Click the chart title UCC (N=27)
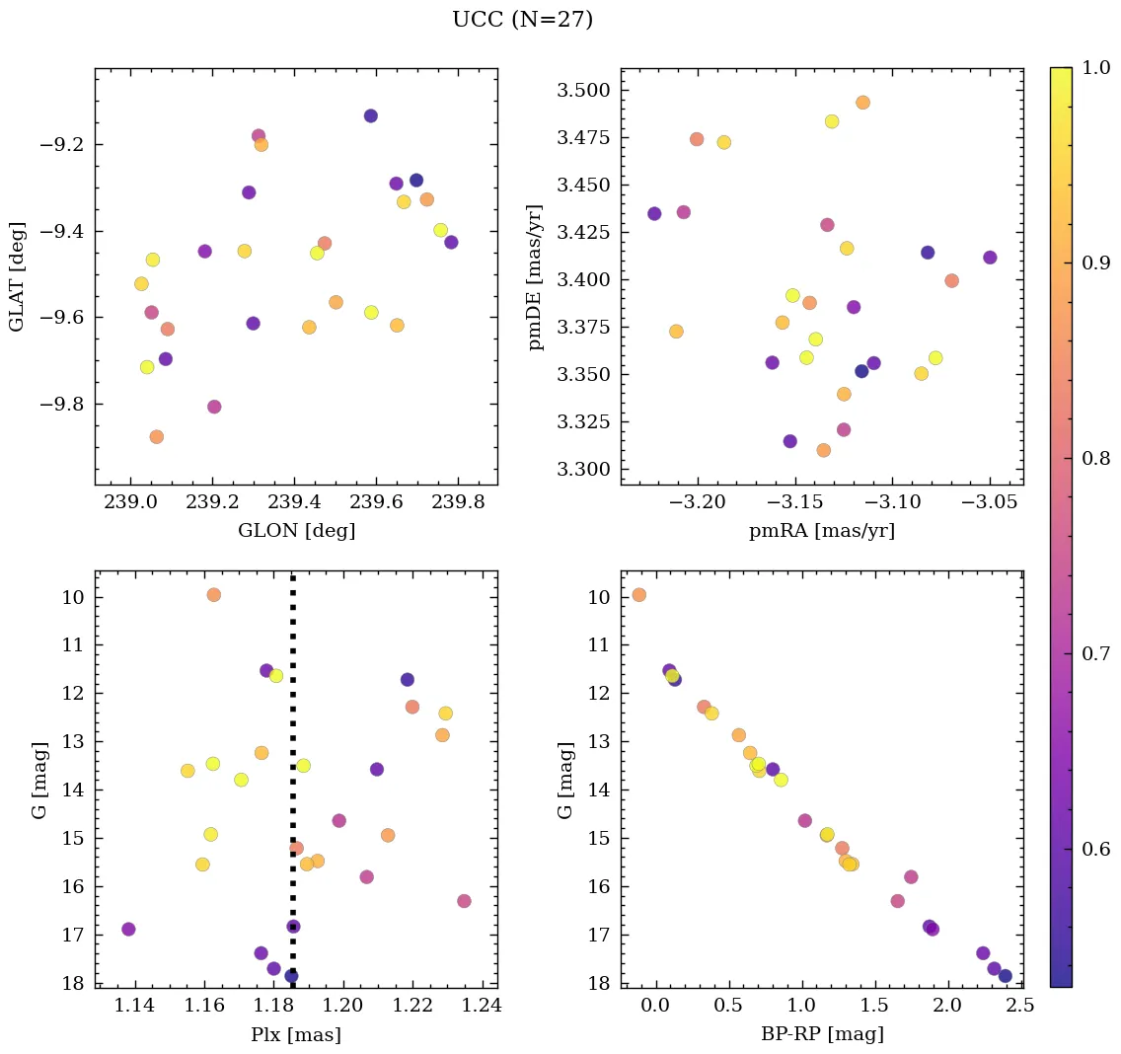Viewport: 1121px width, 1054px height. [x=522, y=20]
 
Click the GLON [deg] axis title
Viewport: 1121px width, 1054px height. [x=296, y=531]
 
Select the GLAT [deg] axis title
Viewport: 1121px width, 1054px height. [x=17, y=276]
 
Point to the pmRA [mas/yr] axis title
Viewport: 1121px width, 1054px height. [x=822, y=531]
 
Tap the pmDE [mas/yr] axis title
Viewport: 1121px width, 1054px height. [x=536, y=276]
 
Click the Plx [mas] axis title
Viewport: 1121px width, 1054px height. [x=296, y=1034]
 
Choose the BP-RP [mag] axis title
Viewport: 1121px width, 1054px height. [x=822, y=1034]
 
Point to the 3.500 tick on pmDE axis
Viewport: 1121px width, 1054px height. [x=585, y=91]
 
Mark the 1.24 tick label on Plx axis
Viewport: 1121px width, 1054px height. [x=483, y=1007]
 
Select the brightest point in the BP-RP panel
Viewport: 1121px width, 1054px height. [x=639, y=595]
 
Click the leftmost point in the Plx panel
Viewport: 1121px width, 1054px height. [x=128, y=929]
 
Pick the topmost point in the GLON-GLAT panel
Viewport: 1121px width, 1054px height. [x=371, y=115]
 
